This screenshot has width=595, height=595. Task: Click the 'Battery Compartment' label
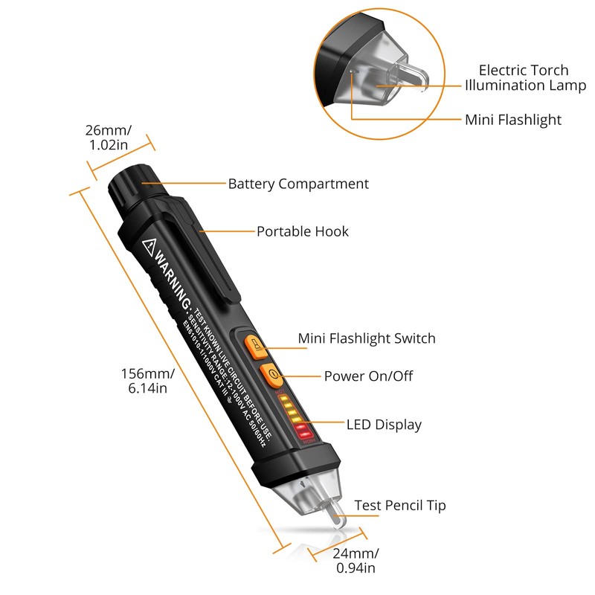pyautogui.click(x=298, y=184)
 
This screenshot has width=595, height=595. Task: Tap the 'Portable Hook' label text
pyautogui.click(x=303, y=231)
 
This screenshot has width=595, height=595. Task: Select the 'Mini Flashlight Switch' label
pyautogui.click(x=367, y=338)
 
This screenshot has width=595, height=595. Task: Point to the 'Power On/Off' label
pyautogui.click(x=368, y=376)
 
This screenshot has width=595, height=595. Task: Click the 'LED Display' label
pyautogui.click(x=384, y=425)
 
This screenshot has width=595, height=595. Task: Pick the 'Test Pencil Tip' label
pyautogui.click(x=400, y=506)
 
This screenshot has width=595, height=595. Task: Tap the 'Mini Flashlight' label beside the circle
pyautogui.click(x=513, y=120)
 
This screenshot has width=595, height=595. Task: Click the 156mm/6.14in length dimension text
pyautogui.click(x=148, y=380)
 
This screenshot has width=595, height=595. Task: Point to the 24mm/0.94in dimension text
pyautogui.click(x=356, y=561)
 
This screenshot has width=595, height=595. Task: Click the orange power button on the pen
pyautogui.click(x=271, y=373)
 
